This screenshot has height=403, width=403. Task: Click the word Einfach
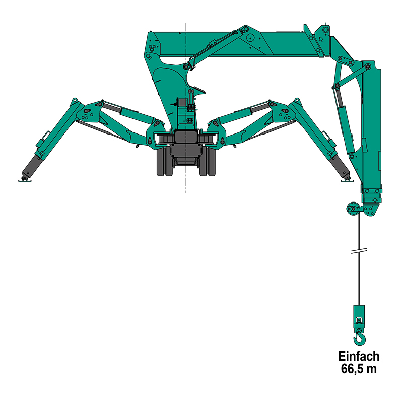pyautogui.click(x=359, y=357)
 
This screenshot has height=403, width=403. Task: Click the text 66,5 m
pyautogui.click(x=359, y=369)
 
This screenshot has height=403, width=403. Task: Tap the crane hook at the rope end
pyautogui.click(x=359, y=338)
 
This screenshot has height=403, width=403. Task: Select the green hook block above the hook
pyautogui.click(x=359, y=317)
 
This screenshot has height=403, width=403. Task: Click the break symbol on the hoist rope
pyautogui.click(x=359, y=250)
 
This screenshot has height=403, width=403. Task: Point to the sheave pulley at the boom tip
pyautogui.click(x=353, y=209)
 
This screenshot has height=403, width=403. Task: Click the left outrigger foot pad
pyautogui.click(x=25, y=181)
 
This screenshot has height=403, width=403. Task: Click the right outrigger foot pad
pyautogui.click(x=347, y=181)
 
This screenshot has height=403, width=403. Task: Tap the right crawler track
pyautogui.click(x=208, y=162)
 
